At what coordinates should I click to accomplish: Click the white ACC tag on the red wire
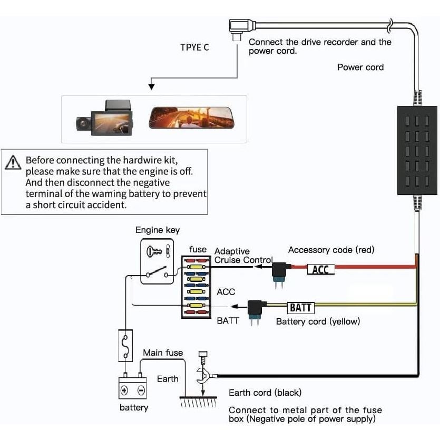tap(320, 270)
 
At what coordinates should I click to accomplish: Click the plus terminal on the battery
tap(124, 390)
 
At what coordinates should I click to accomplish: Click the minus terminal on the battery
tap(141, 390)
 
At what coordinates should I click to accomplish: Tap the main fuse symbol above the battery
tap(125, 346)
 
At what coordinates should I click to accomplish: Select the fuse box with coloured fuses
tap(196, 287)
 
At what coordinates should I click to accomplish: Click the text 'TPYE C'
tap(194, 47)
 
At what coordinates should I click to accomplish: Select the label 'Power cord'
tap(360, 67)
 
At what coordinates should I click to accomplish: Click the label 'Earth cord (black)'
tap(265, 393)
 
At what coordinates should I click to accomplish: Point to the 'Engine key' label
tap(158, 230)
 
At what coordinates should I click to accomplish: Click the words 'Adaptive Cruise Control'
tap(243, 256)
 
